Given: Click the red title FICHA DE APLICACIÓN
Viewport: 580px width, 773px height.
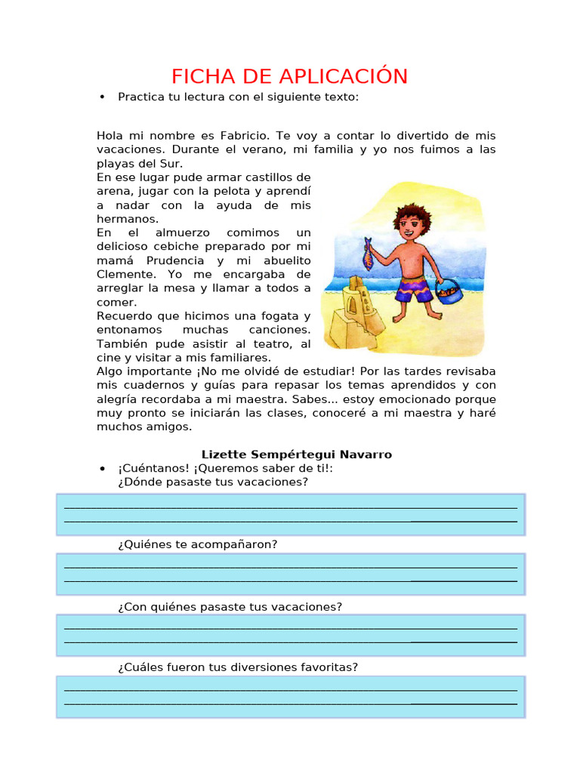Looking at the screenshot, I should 289,76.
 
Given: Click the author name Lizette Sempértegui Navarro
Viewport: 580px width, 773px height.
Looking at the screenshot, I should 296,454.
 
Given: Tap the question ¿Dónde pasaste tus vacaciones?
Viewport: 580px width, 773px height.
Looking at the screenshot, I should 213,482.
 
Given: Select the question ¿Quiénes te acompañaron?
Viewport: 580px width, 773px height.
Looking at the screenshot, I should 198,544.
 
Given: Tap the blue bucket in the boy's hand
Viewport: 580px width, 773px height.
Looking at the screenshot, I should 451,291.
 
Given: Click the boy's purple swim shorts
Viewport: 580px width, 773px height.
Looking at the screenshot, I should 412,288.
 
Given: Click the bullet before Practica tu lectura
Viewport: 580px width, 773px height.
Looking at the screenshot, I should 101,97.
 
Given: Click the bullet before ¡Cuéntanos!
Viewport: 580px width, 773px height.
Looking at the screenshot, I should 101,469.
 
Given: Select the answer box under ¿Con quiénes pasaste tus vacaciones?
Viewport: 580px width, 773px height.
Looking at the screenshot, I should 291,635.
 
